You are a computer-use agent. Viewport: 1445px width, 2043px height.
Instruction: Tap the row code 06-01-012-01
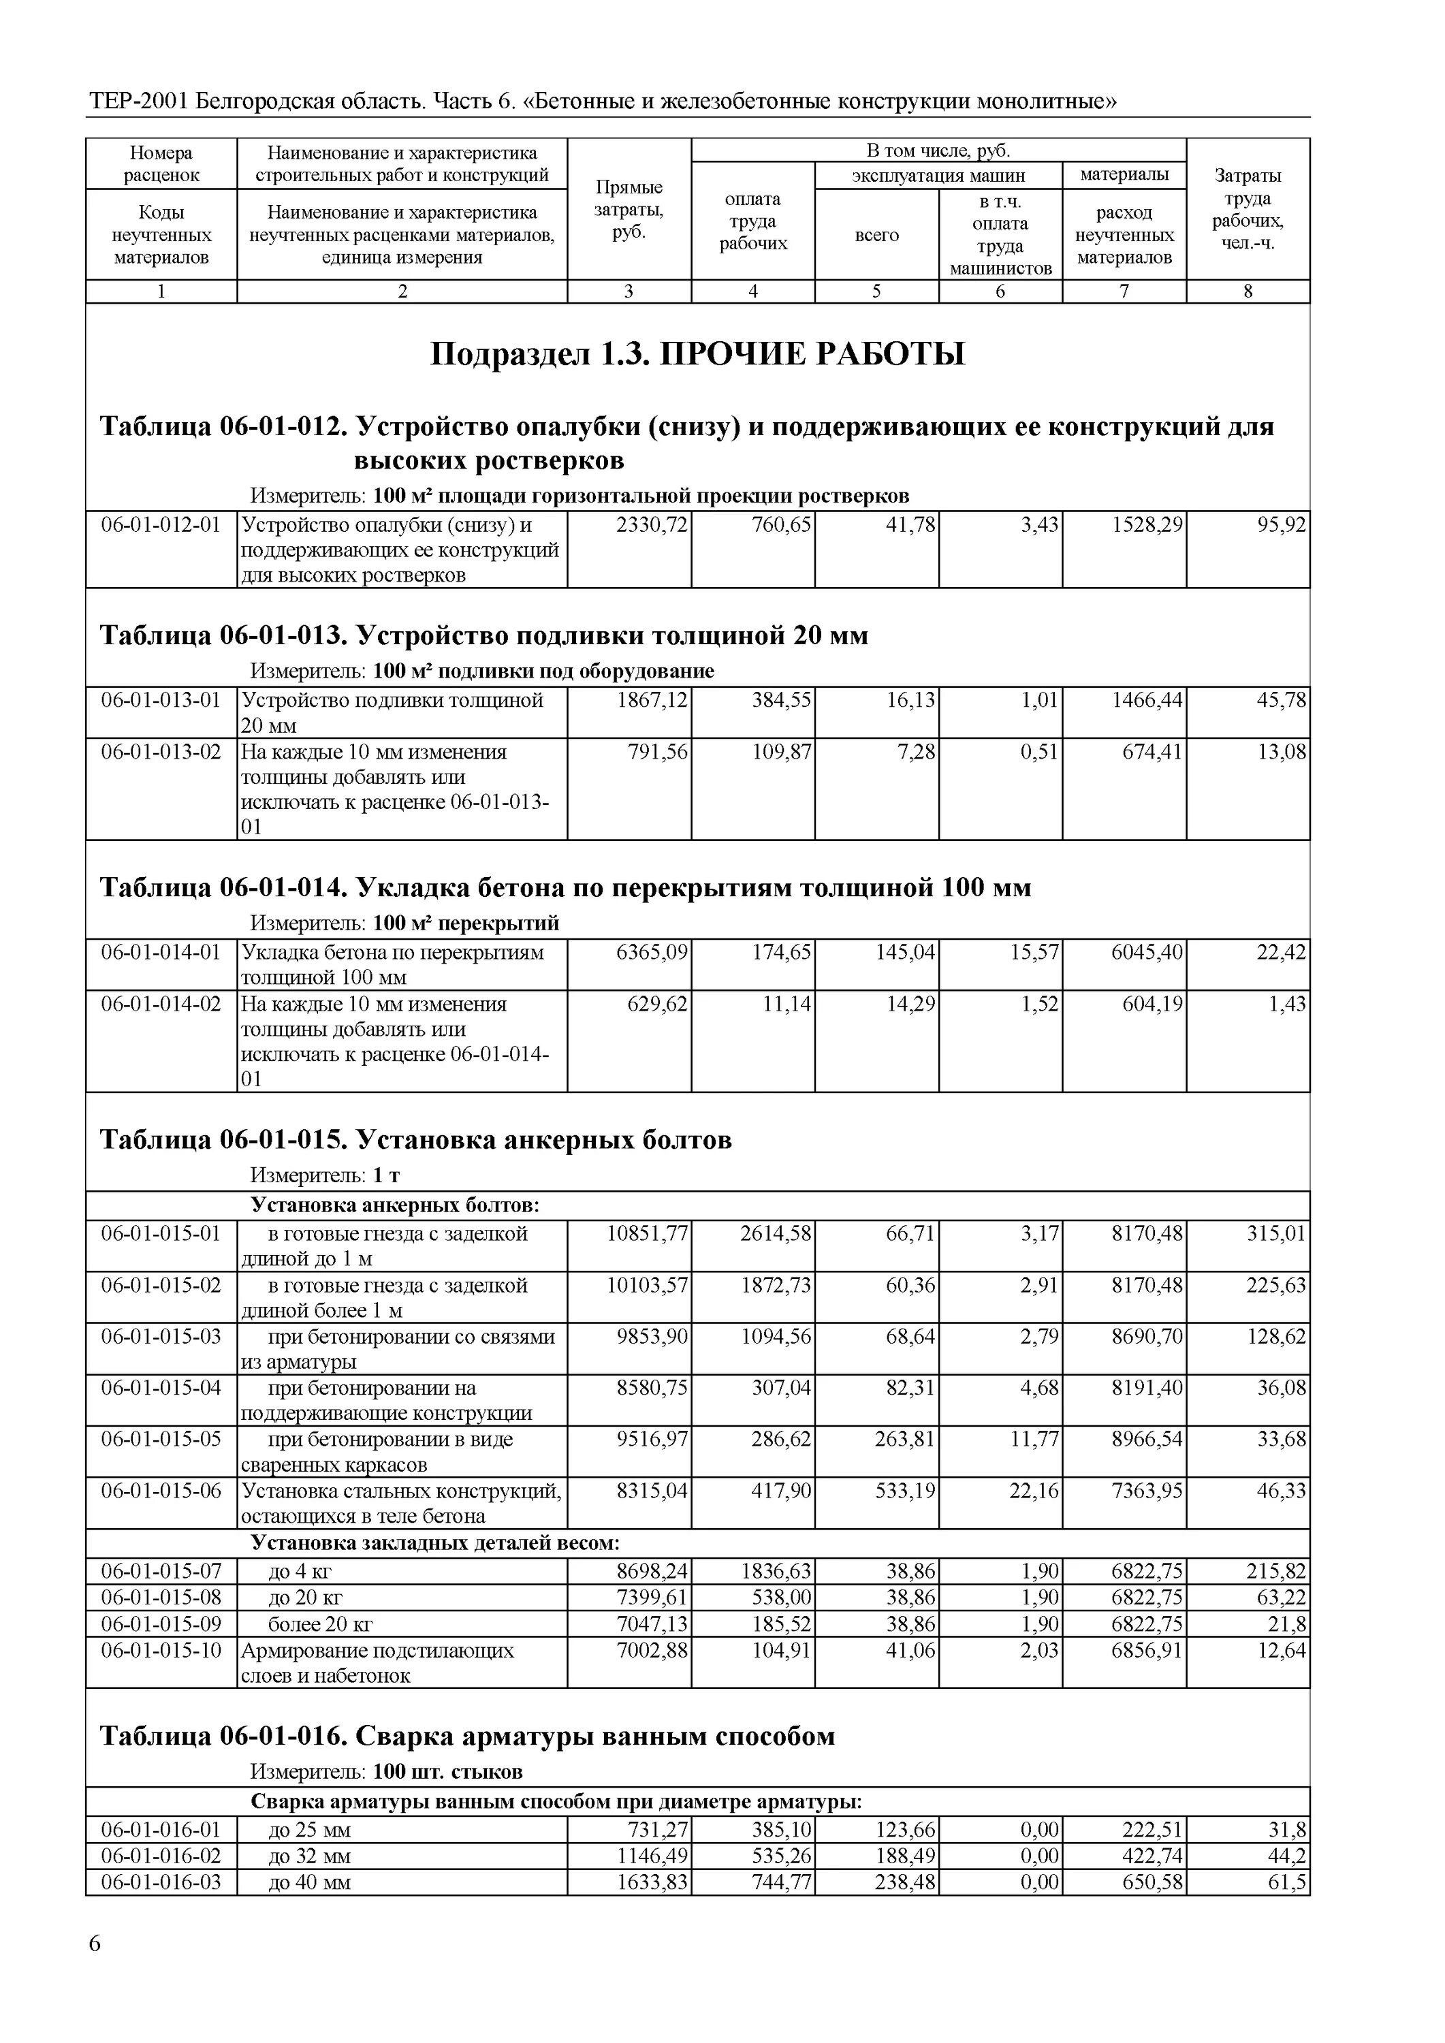click(x=161, y=525)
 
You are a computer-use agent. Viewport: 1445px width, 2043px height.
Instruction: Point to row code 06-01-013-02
click(x=161, y=752)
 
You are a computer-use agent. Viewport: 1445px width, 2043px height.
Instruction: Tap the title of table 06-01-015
click(x=415, y=1140)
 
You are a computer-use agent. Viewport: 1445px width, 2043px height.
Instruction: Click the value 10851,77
click(x=647, y=1234)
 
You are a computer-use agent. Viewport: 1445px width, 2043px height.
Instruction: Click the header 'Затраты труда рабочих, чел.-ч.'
click(x=1247, y=210)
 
